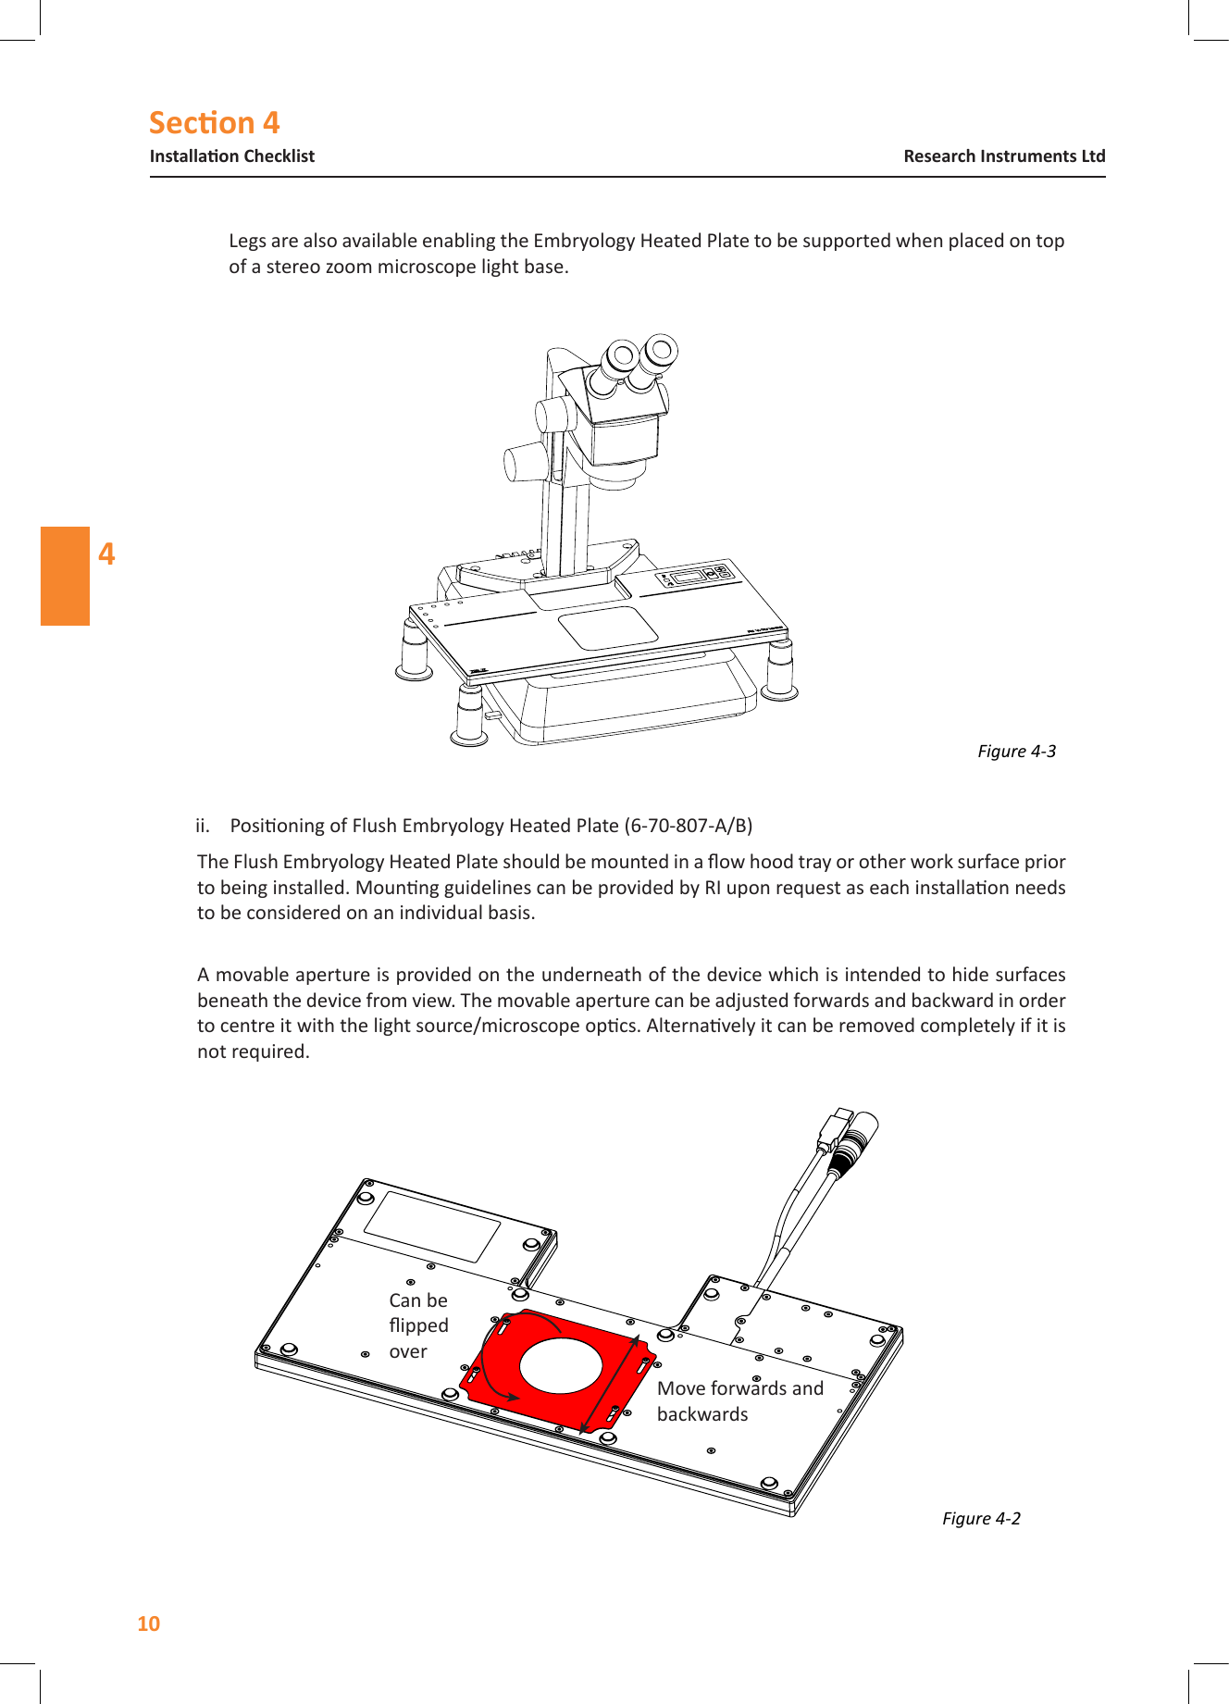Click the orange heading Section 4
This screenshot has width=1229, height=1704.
[214, 123]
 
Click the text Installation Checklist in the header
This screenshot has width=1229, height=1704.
[231, 156]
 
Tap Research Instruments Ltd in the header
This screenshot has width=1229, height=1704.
[1003, 156]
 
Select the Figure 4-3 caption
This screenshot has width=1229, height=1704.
[1015, 751]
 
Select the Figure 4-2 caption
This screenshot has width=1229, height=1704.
[980, 1518]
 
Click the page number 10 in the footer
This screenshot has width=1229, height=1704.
[148, 1623]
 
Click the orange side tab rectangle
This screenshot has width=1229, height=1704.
[65, 576]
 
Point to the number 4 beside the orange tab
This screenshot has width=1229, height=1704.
[107, 554]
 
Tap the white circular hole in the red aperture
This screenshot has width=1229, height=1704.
[561, 1367]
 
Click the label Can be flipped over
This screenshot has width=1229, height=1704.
[418, 1325]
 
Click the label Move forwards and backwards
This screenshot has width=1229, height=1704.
[739, 1400]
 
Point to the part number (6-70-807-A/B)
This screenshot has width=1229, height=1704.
[688, 826]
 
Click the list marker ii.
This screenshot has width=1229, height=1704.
[203, 826]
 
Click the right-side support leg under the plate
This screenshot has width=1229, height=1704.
[780, 669]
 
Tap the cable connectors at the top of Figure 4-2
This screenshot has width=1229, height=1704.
[850, 1138]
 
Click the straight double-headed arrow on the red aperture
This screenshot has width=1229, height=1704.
[610, 1384]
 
